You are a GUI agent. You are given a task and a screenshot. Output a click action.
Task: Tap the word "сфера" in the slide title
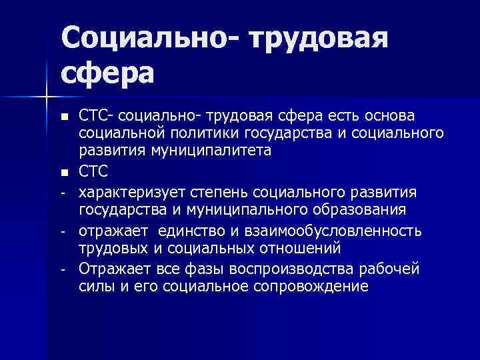click(x=107, y=72)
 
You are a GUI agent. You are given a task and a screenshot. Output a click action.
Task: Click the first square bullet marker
click(x=64, y=118)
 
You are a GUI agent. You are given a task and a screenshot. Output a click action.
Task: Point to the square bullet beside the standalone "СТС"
click(x=64, y=173)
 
